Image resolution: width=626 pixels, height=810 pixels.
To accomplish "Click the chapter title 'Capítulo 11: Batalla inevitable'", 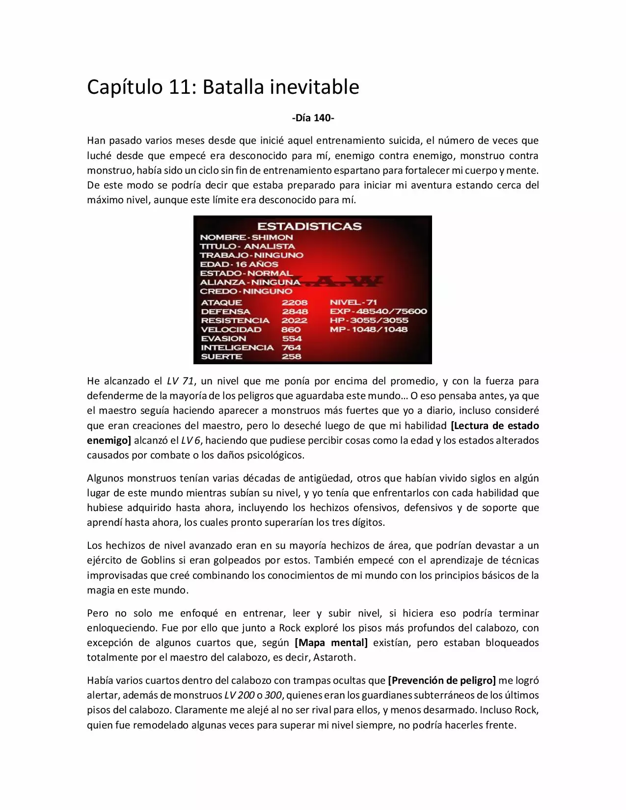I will tap(223, 87).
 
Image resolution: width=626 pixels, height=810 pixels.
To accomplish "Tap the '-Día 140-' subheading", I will tap(313, 118).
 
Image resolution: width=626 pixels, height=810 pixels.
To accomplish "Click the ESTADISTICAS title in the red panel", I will tap(309, 226).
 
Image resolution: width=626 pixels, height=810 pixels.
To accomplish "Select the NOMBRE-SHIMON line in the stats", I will tap(246, 237).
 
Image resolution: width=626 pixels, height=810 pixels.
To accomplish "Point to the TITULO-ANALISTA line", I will tap(247, 246).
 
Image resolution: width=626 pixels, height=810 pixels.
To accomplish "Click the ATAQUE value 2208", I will tap(295, 302).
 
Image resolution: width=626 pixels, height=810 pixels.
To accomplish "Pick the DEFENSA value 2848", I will tap(295, 311).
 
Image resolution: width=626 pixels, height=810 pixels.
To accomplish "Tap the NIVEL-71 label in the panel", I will tap(353, 302).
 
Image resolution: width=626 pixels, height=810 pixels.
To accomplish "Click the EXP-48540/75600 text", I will tap(378, 311).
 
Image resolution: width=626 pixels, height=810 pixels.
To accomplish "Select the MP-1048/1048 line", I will tap(368, 329).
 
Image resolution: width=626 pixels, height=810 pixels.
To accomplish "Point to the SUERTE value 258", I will tap(291, 356).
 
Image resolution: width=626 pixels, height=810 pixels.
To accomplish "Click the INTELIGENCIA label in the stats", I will tap(237, 348).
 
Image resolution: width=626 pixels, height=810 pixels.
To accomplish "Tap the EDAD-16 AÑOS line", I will tap(239, 264).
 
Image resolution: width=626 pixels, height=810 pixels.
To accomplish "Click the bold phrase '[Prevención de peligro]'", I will tap(441, 680).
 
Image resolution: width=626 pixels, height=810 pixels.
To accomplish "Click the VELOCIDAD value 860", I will tap(291, 329).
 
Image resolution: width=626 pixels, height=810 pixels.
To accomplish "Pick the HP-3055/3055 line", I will tap(369, 320).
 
